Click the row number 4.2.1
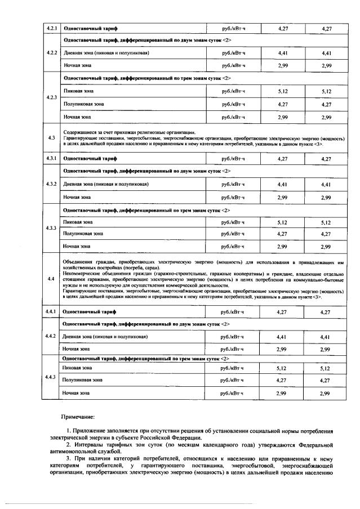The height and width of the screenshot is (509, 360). (x=51, y=28)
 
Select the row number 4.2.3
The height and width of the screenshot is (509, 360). (x=51, y=97)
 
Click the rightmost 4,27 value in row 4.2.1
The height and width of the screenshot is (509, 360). (x=326, y=28)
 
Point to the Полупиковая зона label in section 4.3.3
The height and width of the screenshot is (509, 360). (x=83, y=233)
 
